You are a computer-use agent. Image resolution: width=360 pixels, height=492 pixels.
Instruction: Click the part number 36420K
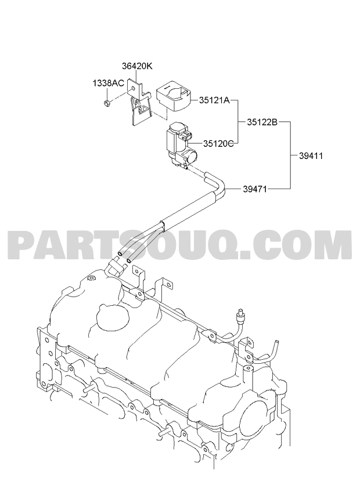coord(136,66)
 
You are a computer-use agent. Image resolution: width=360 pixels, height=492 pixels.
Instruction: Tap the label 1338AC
coord(109,83)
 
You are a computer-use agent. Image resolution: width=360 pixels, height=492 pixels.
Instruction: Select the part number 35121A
coord(214,100)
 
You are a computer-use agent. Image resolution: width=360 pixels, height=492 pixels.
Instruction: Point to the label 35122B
coord(262,122)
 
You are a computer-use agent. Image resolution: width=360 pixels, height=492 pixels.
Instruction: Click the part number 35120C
coord(218,144)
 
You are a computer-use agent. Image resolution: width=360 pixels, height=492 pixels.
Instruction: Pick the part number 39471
coord(255,189)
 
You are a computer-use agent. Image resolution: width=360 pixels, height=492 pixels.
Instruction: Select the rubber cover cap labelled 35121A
coord(174,95)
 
